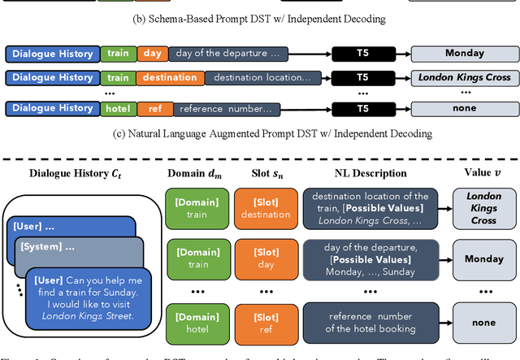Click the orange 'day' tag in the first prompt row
coord(152,54)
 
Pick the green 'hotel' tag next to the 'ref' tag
coord(119,108)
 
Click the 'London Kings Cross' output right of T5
coord(464,78)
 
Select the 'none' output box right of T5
coord(464,108)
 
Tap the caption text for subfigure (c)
coord(260,132)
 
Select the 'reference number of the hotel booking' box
coord(372,323)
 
